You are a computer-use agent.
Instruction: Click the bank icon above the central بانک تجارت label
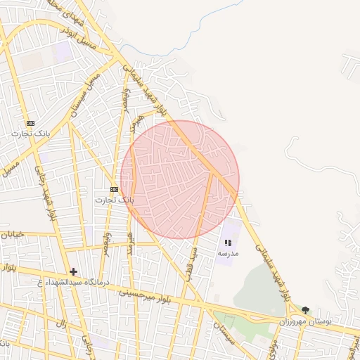115,190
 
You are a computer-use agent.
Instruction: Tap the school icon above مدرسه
228,243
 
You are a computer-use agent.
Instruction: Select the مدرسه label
228,252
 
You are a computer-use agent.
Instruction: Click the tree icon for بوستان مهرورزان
304,310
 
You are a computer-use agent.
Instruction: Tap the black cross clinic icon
73,271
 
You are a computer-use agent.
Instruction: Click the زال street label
60,326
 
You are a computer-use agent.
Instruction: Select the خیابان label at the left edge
13,234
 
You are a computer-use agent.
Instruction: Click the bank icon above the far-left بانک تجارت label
30,123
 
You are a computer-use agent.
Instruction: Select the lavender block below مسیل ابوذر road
63,51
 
